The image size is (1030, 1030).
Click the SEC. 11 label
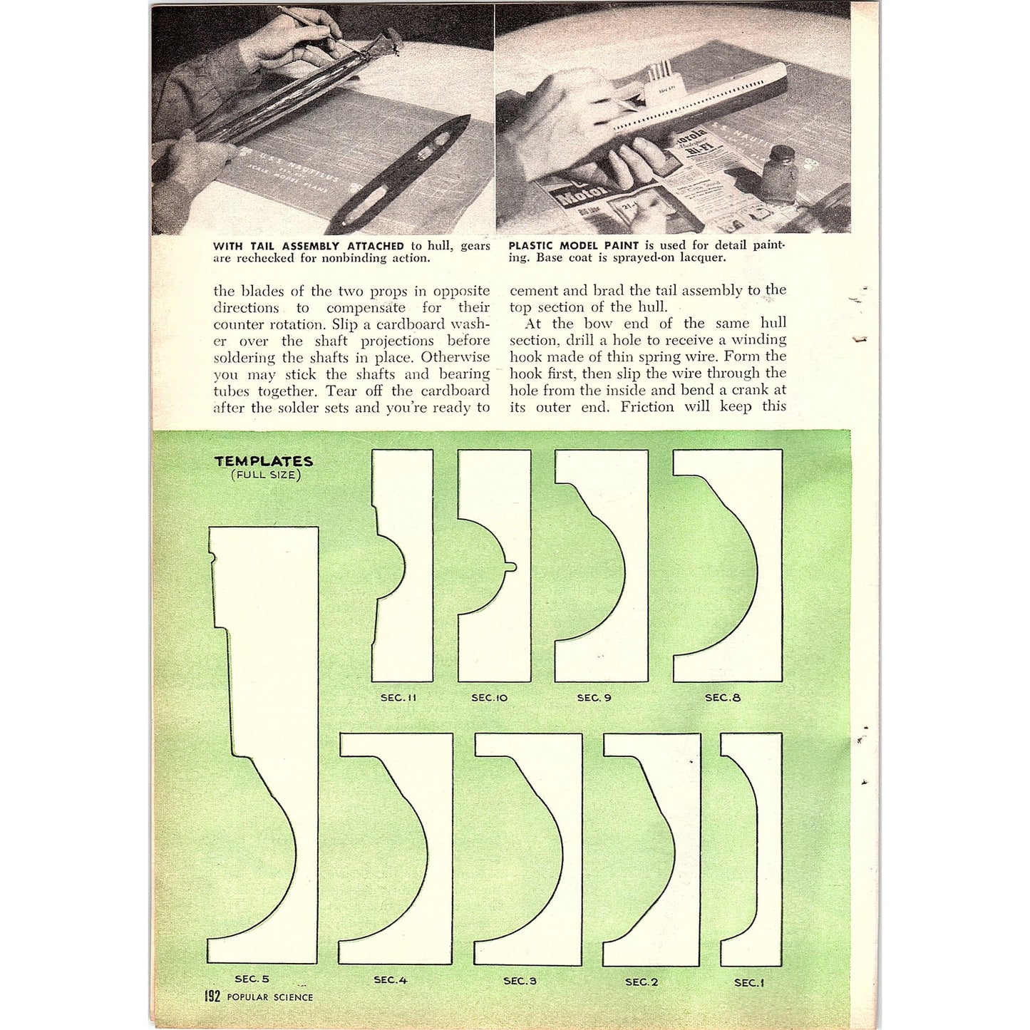[x=398, y=697]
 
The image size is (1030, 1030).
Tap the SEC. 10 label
[x=489, y=697]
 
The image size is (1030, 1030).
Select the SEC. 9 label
[x=594, y=697]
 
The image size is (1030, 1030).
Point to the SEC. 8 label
[x=722, y=697]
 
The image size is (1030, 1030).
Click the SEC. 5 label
[x=252, y=979]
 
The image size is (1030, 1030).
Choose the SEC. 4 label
[x=390, y=979]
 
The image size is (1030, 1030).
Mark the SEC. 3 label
[x=520, y=980]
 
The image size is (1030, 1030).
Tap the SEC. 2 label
[x=642, y=982]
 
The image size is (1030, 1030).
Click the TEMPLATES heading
[x=264, y=461]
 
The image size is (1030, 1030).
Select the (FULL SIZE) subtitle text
[x=265, y=475]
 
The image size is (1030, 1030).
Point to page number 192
[x=212, y=996]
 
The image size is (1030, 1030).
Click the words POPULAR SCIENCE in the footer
[x=269, y=997]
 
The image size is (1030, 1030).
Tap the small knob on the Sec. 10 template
[x=511, y=567]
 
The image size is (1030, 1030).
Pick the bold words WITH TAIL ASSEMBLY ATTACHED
[x=309, y=246]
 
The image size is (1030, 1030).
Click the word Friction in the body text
[x=647, y=406]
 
